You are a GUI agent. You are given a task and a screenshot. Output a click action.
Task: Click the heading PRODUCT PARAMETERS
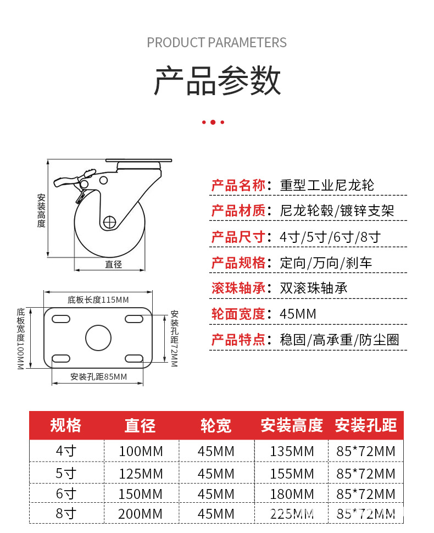tap(216, 42)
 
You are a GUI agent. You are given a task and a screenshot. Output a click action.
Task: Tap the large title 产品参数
tap(217, 81)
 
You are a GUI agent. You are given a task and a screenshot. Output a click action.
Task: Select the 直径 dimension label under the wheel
tap(113, 264)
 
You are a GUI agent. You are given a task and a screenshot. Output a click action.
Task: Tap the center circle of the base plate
tap(98, 337)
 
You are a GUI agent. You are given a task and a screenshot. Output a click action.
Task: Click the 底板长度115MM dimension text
tap(98, 299)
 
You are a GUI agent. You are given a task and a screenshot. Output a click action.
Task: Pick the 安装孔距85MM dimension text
tap(98, 376)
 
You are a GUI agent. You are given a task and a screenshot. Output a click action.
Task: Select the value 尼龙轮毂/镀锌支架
tap(337, 211)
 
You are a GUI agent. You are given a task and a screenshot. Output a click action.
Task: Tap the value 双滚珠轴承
tap(313, 288)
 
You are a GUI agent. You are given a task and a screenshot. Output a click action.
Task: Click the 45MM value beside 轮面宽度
tap(298, 314)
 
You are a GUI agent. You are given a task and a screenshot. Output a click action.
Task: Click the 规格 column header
tap(66, 425)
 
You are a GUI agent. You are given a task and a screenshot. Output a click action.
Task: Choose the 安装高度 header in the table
tap(291, 425)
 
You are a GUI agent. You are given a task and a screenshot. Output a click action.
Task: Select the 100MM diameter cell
tap(141, 452)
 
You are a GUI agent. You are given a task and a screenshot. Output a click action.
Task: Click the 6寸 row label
tap(66, 493)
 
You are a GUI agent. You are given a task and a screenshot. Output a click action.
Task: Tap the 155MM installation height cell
tap(292, 473)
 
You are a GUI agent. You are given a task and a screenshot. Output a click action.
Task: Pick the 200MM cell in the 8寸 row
tap(141, 514)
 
